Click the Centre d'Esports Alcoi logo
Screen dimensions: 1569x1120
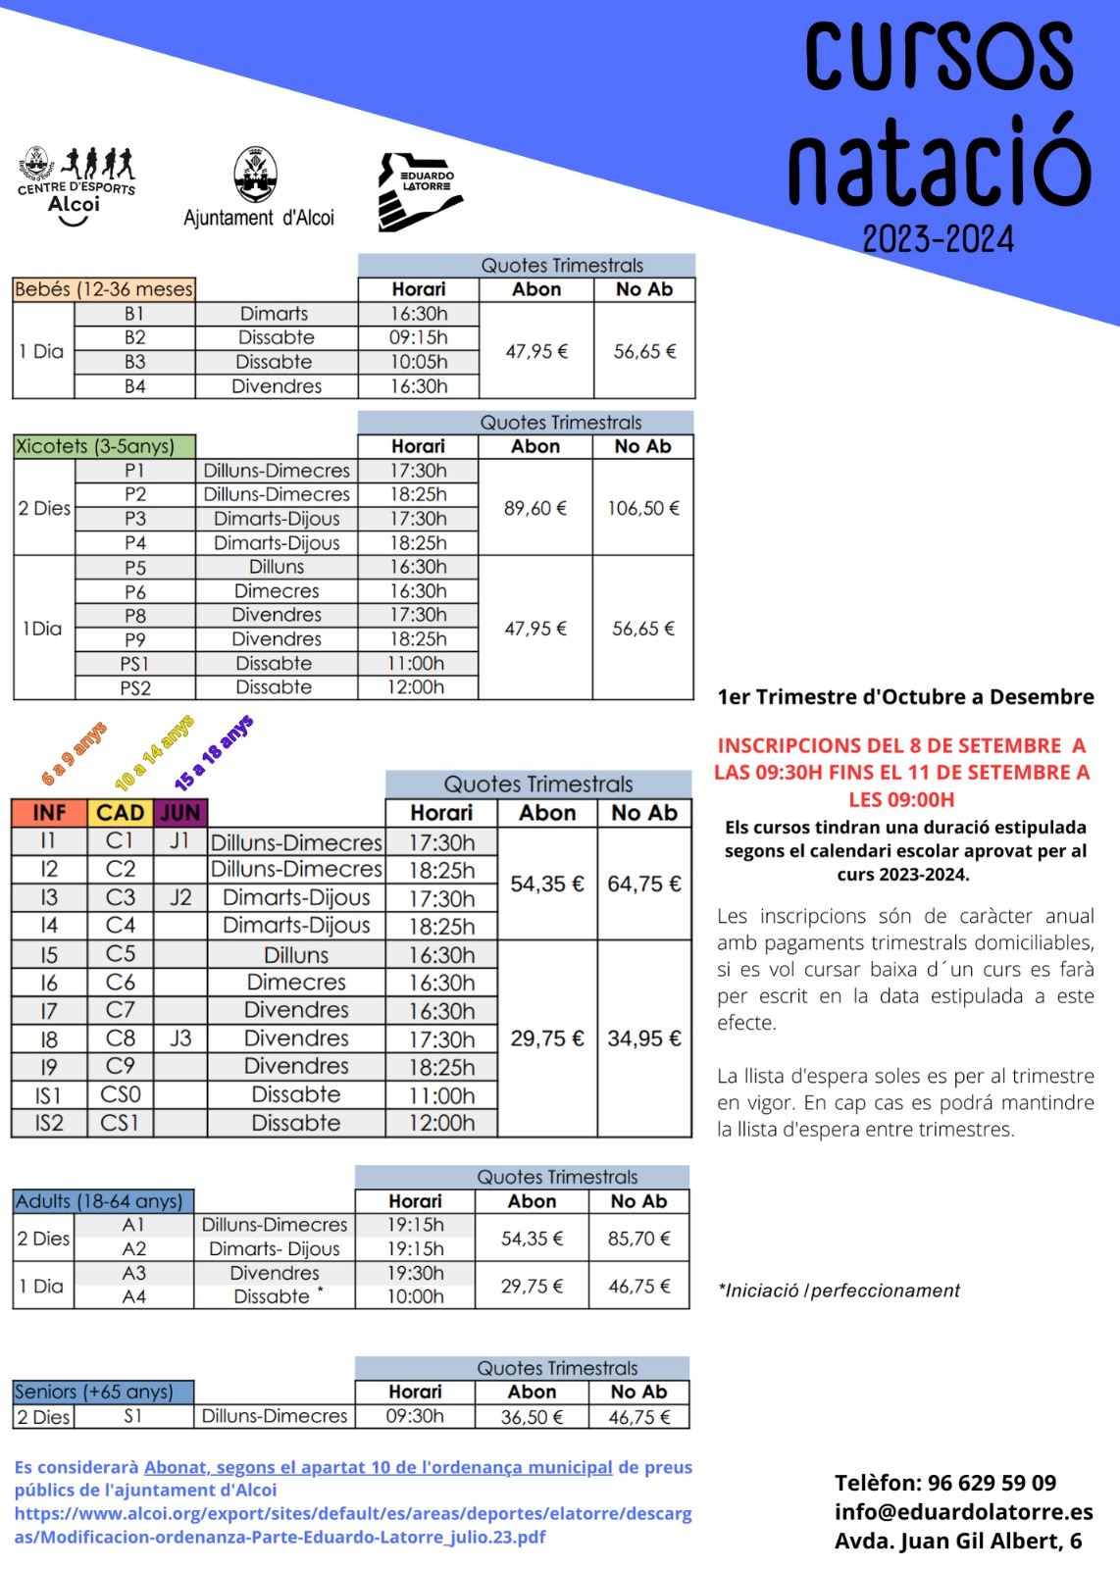(x=76, y=186)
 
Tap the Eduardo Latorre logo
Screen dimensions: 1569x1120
(x=420, y=191)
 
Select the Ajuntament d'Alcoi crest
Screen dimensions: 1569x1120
(x=257, y=177)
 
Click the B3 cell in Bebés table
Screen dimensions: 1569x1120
(x=134, y=362)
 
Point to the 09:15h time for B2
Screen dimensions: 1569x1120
(x=418, y=337)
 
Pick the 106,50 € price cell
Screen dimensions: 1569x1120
(x=643, y=508)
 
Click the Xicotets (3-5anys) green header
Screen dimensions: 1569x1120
(x=104, y=446)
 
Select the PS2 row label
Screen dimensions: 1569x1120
(x=135, y=687)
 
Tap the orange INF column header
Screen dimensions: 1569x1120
(x=49, y=813)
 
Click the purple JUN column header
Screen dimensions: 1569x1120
(x=180, y=813)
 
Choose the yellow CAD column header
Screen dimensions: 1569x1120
(x=120, y=813)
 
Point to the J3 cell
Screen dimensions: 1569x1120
(x=180, y=1038)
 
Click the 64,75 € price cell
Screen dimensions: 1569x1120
(x=643, y=884)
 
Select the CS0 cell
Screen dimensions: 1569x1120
(x=120, y=1094)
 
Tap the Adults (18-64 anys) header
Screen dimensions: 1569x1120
(x=102, y=1201)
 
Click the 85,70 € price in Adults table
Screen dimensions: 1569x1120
(x=638, y=1239)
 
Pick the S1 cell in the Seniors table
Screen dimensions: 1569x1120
(x=133, y=1416)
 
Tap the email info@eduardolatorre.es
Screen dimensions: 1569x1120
(x=963, y=1511)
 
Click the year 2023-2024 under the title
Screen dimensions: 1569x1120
(x=938, y=238)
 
